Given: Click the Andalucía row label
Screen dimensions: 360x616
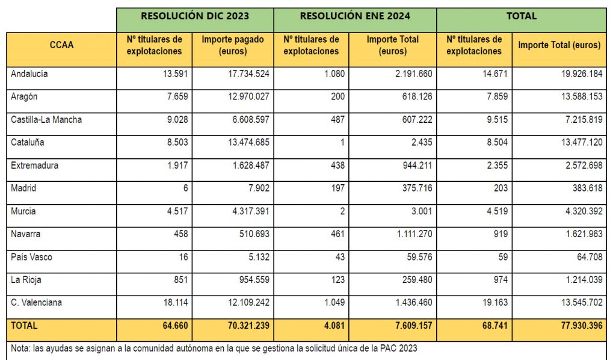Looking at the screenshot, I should [x=29, y=74].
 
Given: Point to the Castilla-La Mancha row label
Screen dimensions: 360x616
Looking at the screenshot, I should [x=46, y=120].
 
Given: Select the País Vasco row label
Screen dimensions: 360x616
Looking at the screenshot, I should [x=31, y=257].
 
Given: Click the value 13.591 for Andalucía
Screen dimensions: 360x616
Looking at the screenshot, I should [x=175, y=74].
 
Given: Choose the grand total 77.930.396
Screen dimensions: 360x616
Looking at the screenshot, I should [x=577, y=326].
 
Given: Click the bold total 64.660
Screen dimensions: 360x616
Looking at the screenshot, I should [x=174, y=326].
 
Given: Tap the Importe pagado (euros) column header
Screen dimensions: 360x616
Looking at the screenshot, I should [x=233, y=45].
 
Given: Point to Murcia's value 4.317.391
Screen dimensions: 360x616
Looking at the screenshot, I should [x=247, y=211].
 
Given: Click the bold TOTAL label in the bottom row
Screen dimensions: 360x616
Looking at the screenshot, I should [x=24, y=326].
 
